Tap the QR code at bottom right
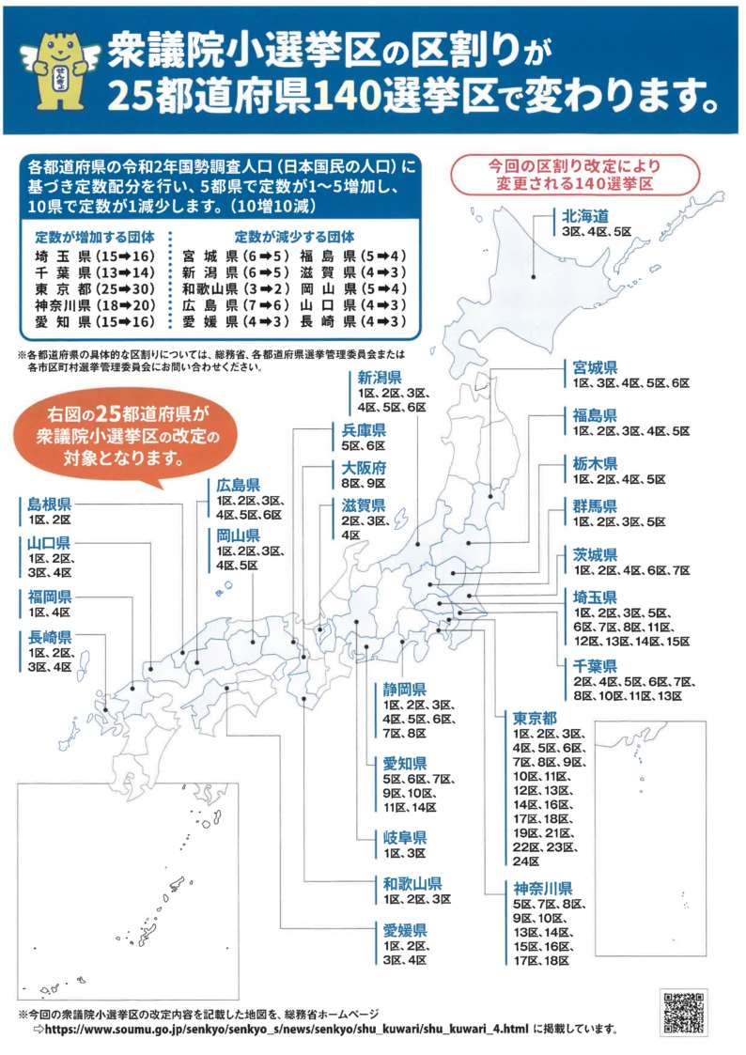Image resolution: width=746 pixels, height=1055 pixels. [683, 1011]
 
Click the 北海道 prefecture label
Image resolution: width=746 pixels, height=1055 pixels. [584, 216]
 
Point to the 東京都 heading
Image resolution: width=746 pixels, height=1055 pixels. [537, 719]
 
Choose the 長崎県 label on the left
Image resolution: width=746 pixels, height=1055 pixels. [50, 637]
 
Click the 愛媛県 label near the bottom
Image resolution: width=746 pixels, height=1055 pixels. [405, 930]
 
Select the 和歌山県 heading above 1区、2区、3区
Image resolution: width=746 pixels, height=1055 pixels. [412, 883]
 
